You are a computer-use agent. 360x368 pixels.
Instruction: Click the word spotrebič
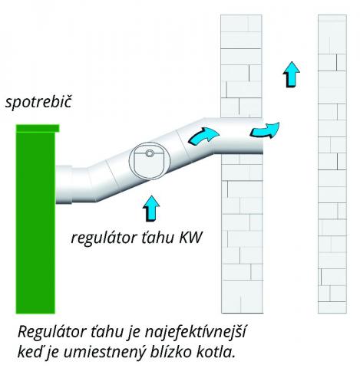click(38, 103)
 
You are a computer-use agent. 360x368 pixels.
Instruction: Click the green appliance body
click(35, 222)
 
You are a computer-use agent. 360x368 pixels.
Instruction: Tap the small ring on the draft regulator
click(149, 153)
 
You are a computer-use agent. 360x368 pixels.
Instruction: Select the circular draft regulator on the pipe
click(150, 161)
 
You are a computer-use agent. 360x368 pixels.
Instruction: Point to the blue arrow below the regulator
click(151, 209)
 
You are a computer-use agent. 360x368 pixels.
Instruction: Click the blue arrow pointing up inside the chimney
click(291, 74)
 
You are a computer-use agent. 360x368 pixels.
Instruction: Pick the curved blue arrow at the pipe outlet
click(265, 130)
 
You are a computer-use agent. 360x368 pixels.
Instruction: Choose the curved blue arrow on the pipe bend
click(203, 136)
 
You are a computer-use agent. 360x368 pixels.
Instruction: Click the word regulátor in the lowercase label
click(104, 238)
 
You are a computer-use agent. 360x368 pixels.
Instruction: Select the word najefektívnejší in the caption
click(195, 333)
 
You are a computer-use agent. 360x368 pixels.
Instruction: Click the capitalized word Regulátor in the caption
click(52, 333)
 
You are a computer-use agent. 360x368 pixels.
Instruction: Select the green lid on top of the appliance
click(38, 128)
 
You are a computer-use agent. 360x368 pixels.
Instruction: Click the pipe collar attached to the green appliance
click(64, 185)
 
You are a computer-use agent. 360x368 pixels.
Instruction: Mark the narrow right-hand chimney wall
click(332, 164)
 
